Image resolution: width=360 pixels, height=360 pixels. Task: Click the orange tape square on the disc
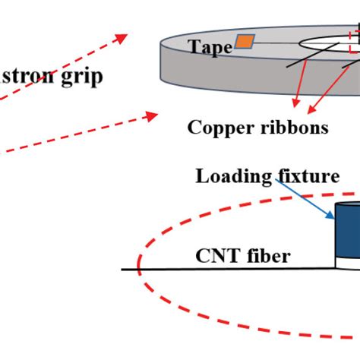pos(244,42)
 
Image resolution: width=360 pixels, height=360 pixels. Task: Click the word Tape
pos(210,49)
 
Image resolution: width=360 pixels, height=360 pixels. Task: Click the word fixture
pos(308,177)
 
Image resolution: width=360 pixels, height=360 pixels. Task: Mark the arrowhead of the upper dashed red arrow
pos(122,36)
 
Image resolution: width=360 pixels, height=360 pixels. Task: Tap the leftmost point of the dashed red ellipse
pos(138,266)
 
